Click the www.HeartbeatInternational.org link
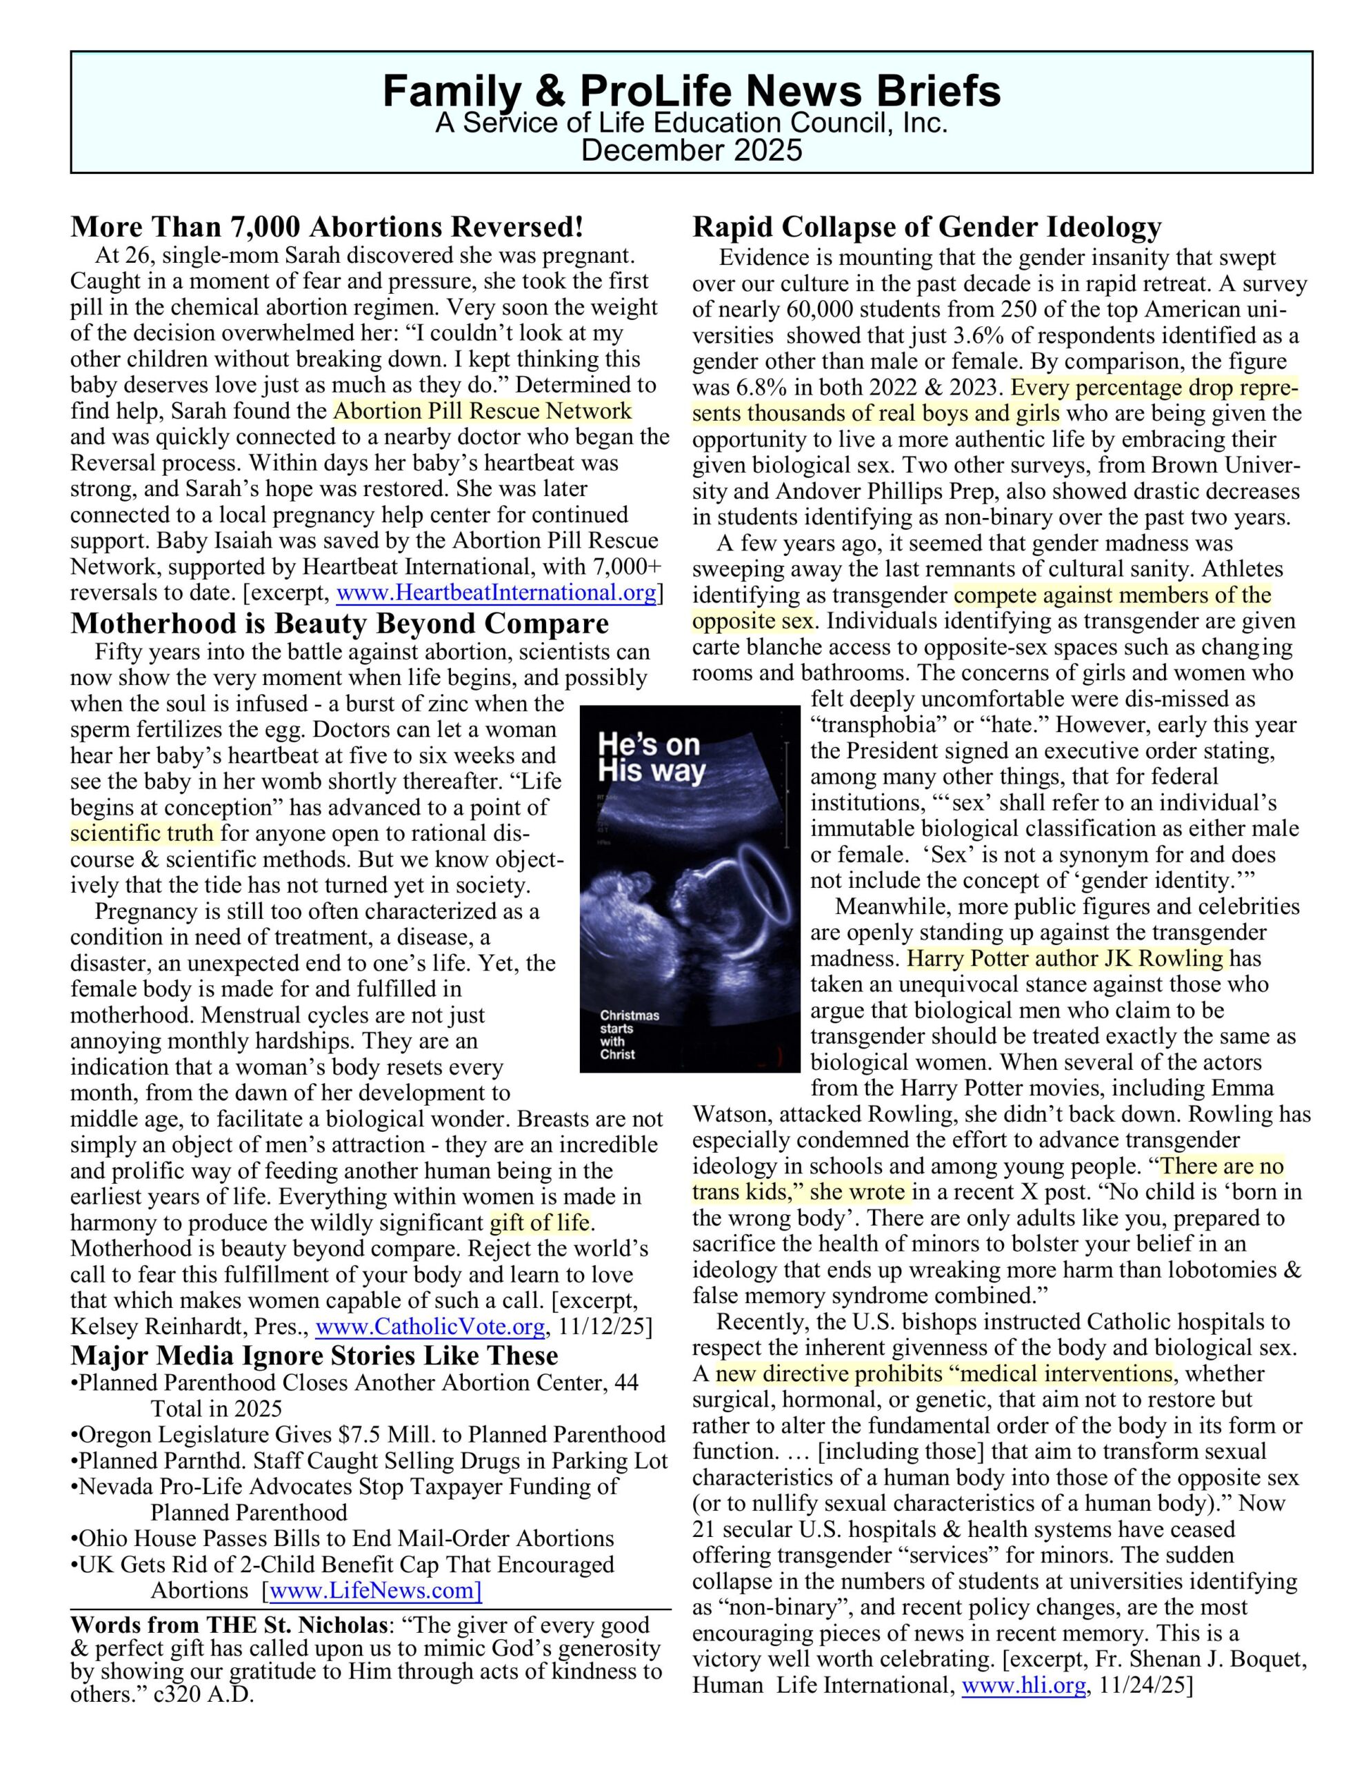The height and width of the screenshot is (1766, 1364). coord(496,593)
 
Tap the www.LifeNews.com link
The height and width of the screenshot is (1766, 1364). coord(375,1591)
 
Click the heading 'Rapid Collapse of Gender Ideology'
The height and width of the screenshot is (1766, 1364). coord(927,227)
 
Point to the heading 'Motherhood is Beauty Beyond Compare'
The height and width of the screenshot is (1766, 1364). coord(339,624)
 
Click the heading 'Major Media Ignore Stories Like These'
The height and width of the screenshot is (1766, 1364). coord(314,1356)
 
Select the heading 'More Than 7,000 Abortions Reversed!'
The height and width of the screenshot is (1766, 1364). coord(327,227)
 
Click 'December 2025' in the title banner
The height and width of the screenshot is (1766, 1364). coord(691,150)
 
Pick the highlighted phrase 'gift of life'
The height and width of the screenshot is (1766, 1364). coord(540,1222)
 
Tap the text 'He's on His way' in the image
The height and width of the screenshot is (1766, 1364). coord(651,757)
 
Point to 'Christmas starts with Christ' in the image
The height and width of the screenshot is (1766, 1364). coord(629,1034)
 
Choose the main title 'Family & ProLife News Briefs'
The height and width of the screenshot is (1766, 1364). coord(691,90)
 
